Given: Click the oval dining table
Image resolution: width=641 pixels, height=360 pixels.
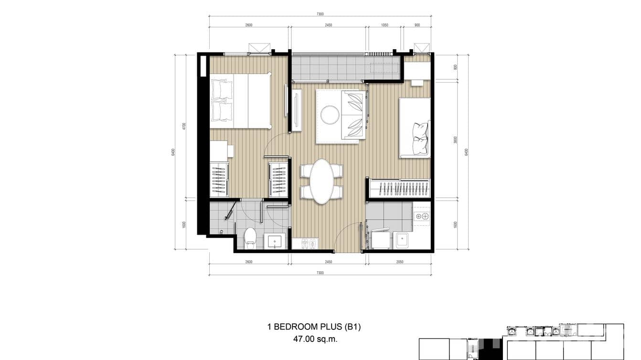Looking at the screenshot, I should tap(321, 181).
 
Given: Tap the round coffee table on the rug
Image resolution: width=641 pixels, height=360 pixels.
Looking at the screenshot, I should tap(330, 115).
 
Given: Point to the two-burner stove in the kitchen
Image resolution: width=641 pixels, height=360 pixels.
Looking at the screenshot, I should tap(422, 216).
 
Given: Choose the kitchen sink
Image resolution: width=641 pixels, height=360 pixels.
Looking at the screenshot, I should tap(401, 240).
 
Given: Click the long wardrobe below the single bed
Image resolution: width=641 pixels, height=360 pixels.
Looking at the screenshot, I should tap(400, 188).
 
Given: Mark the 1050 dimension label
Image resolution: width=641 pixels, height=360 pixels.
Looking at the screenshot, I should tap(384, 25).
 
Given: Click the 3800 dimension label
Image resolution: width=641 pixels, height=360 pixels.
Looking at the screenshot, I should tap(456, 140).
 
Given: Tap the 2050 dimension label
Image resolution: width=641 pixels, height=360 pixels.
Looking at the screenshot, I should tap(399, 262).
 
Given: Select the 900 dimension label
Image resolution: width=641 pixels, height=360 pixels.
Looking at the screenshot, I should tap(417, 25).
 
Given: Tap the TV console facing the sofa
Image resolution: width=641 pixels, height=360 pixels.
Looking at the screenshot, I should tap(297, 110).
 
